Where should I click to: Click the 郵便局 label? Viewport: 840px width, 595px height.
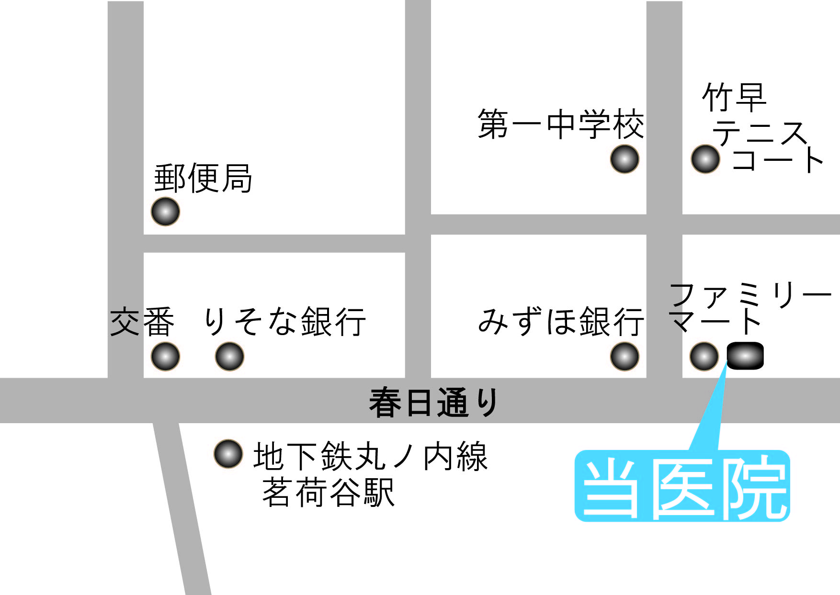pyautogui.click(x=203, y=178)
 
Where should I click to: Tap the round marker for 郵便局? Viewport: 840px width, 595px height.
pyautogui.click(x=165, y=211)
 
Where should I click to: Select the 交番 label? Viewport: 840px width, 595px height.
pyautogui.click(x=142, y=322)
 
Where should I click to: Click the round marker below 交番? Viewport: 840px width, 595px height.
pyautogui.click(x=165, y=357)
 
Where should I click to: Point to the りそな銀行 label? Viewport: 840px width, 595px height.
pyautogui.click(x=285, y=321)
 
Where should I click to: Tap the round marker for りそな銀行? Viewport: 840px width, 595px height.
pyautogui.click(x=230, y=357)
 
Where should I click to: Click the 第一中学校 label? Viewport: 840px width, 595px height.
pyautogui.click(x=561, y=124)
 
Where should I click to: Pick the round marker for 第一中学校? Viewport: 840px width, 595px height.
pyautogui.click(x=624, y=159)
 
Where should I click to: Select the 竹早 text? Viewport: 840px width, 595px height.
pyautogui.click(x=734, y=97)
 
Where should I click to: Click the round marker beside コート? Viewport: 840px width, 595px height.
pyautogui.click(x=705, y=159)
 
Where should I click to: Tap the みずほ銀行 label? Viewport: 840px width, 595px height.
pyautogui.click(x=561, y=321)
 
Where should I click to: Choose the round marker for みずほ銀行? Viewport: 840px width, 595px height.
pyautogui.click(x=624, y=357)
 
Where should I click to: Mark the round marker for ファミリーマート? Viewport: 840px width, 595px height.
pyautogui.click(x=704, y=357)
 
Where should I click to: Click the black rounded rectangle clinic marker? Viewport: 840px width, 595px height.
pyautogui.click(x=745, y=356)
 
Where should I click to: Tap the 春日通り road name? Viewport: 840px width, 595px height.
pyautogui.click(x=434, y=403)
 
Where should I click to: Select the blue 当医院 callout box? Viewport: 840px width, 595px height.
pyautogui.click(x=682, y=486)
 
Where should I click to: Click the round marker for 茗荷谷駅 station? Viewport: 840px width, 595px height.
pyautogui.click(x=228, y=454)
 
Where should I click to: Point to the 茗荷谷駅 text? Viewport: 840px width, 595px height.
pyautogui.click(x=329, y=492)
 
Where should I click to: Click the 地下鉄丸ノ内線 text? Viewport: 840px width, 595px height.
pyautogui.click(x=370, y=456)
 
